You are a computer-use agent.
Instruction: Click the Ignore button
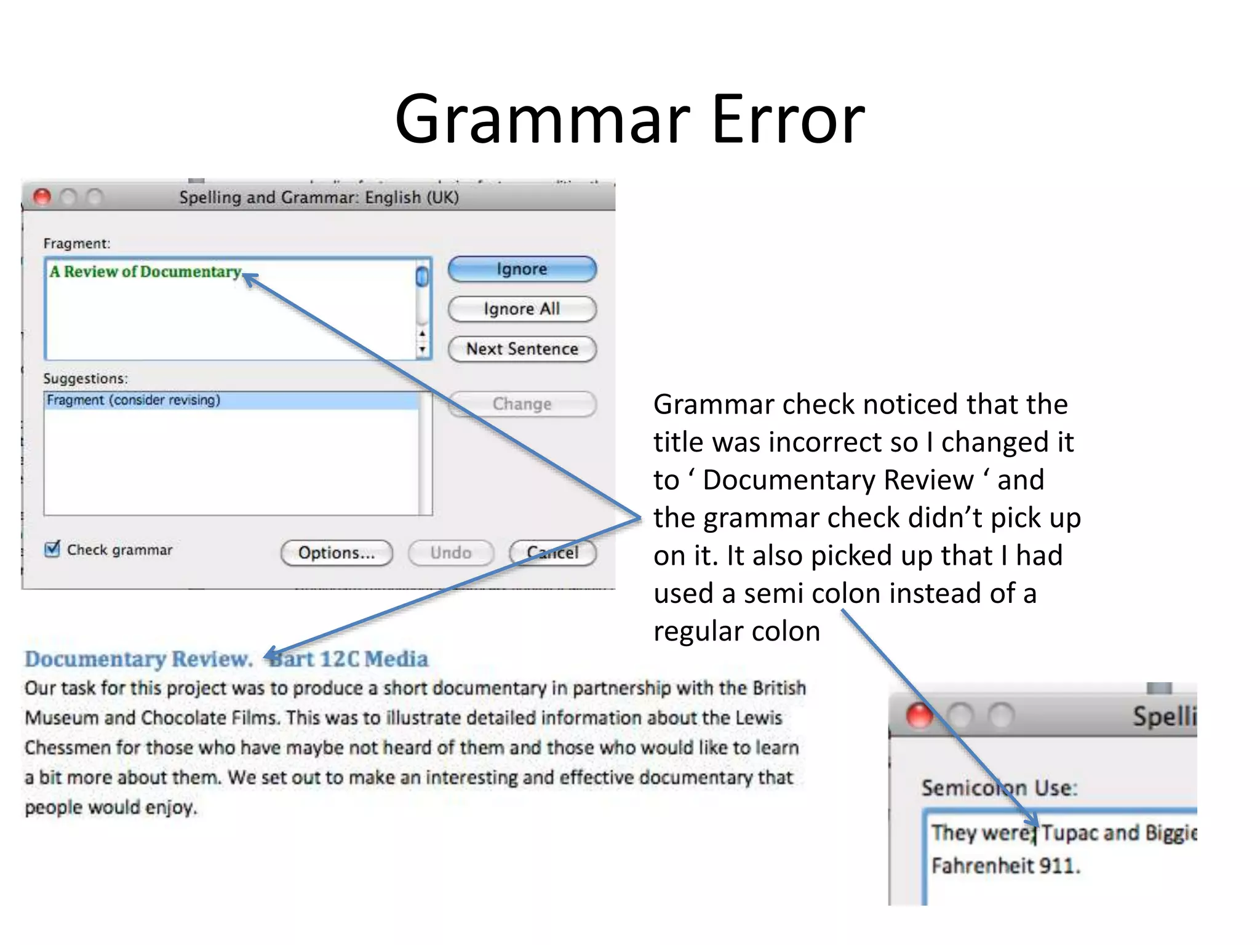tap(522, 269)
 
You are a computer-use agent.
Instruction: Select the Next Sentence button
tap(522, 349)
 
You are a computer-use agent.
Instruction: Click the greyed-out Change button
tap(522, 404)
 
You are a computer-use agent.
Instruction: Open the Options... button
tap(336, 552)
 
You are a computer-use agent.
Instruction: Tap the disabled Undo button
tap(450, 552)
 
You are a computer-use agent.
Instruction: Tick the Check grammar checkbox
tap(53, 549)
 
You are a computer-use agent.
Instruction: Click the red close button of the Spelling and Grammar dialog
tap(42, 197)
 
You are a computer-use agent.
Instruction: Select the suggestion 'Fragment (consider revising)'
tap(134, 401)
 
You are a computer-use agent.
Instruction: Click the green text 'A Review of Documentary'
tap(145, 272)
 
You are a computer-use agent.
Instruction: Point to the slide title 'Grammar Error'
tap(629, 118)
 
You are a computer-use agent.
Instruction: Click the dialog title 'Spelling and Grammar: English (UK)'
tap(319, 197)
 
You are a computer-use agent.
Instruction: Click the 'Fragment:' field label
tap(77, 244)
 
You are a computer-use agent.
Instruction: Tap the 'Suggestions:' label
tap(86, 378)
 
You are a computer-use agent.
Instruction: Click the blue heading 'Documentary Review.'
tap(138, 659)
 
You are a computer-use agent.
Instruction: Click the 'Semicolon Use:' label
tap(999, 788)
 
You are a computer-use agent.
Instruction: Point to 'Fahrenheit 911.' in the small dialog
tap(1005, 866)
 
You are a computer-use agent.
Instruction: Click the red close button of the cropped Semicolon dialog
tap(919, 716)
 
